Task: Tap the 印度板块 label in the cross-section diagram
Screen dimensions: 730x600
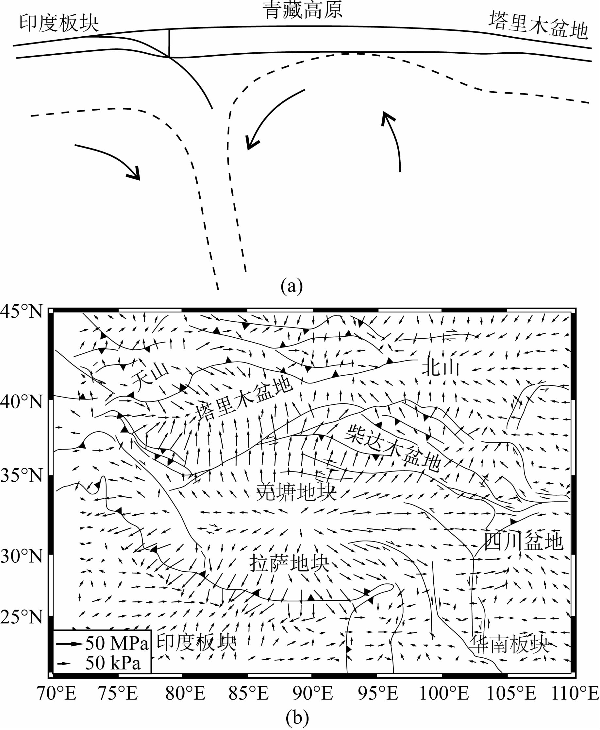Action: (x=59, y=24)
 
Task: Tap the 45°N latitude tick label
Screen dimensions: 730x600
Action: (x=22, y=312)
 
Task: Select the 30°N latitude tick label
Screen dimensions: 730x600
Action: (x=22, y=556)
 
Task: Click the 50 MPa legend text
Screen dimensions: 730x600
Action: (x=117, y=643)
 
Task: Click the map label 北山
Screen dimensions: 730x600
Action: (x=441, y=367)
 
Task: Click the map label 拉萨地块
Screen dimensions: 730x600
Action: (x=289, y=563)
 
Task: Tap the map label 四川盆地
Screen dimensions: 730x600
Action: (x=523, y=542)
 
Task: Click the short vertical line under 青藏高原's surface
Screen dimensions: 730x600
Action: (x=169, y=43)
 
